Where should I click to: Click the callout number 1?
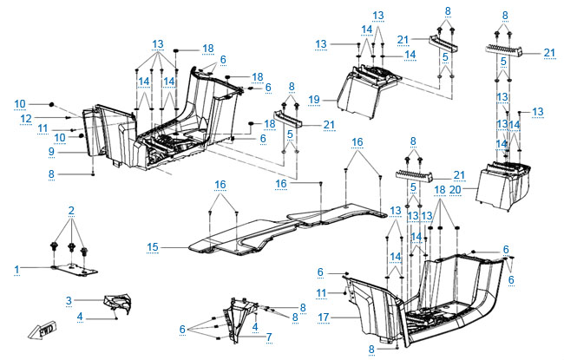click(x=16, y=270)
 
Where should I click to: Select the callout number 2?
click(x=71, y=211)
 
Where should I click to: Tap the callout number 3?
click(x=68, y=299)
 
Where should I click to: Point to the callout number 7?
click(x=270, y=336)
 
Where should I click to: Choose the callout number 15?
click(x=153, y=247)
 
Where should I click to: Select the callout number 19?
click(x=313, y=100)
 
